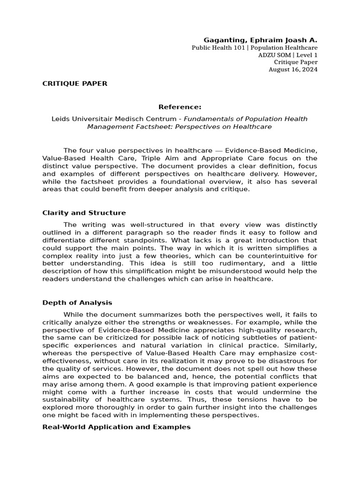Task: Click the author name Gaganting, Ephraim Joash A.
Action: coord(260,40)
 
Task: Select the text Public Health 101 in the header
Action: coord(218,48)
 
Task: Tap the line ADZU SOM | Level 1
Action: coord(288,55)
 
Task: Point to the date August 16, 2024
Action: coord(292,69)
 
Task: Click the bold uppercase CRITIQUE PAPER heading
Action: coord(75,83)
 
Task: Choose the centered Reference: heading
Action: coord(180,107)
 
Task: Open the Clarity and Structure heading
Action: coord(84,213)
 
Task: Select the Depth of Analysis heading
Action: coord(77,303)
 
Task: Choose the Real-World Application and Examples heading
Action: coord(116,427)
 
